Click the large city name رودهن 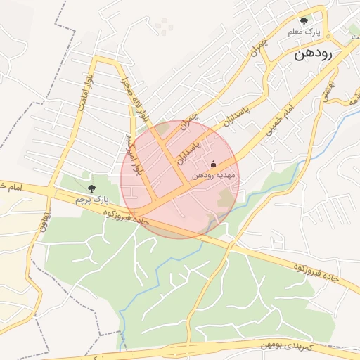pyautogui.click(x=314, y=53)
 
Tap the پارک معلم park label pyautogui.click(x=304, y=32)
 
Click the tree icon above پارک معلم pyautogui.click(x=304, y=21)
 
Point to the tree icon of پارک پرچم pyautogui.click(x=91, y=188)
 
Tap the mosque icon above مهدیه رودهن pyautogui.click(x=214, y=164)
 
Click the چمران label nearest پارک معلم pyautogui.click(x=262, y=46)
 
